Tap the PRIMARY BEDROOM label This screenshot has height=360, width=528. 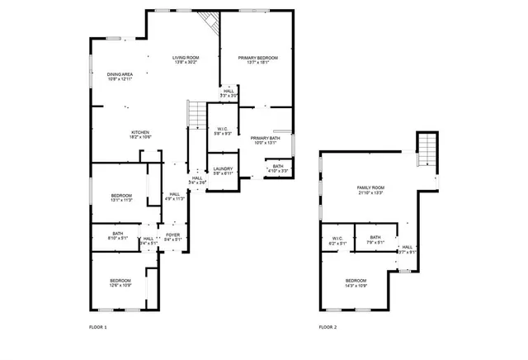257,57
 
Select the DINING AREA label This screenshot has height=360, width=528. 120,74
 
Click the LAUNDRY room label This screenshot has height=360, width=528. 223,169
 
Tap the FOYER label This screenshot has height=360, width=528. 172,235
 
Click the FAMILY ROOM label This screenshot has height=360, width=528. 370,188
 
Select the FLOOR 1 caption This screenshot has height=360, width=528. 98,327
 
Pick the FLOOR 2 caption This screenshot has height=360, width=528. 328,327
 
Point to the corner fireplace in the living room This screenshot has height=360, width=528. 212,21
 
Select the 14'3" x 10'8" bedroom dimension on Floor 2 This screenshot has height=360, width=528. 356,286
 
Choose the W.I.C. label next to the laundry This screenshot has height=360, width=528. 223,129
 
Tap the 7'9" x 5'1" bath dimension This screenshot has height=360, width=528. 375,243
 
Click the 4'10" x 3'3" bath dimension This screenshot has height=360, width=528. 278,171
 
